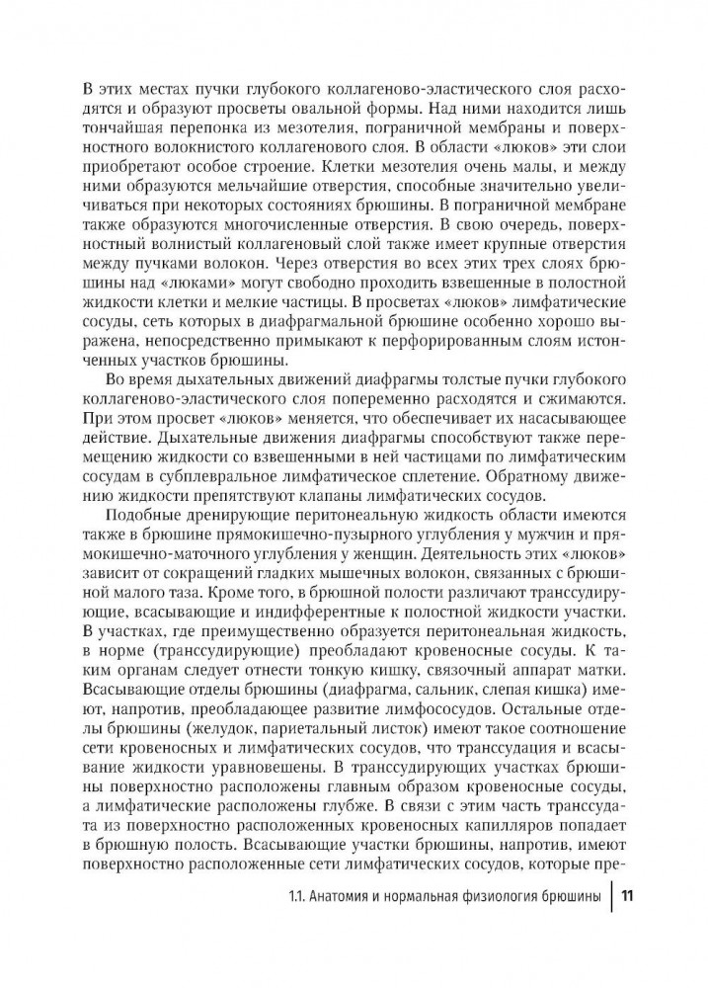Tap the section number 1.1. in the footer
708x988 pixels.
tap(294, 924)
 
